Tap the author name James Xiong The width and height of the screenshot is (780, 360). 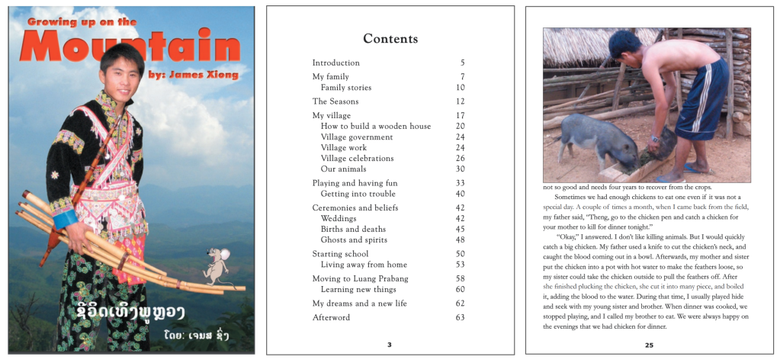coord(205,75)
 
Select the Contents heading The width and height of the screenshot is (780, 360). coord(390,39)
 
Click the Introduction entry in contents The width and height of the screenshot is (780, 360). coord(335,63)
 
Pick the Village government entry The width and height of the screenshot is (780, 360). coord(357,137)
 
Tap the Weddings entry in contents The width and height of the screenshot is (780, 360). coord(339,218)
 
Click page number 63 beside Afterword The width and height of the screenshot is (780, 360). coord(460,317)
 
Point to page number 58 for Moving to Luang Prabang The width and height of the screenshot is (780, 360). coord(460,278)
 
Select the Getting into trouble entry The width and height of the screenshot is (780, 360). coord(358,194)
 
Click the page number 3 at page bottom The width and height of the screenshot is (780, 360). coord(390,346)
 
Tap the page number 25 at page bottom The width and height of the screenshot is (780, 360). coord(648,346)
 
